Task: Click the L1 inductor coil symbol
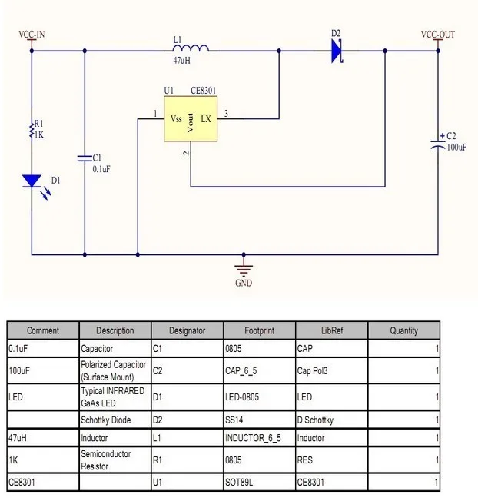click(x=191, y=48)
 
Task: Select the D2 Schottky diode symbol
click(x=337, y=51)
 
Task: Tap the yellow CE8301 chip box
click(x=191, y=119)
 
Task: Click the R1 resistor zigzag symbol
click(x=32, y=130)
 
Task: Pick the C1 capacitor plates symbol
click(x=85, y=158)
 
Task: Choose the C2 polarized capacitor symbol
click(x=438, y=144)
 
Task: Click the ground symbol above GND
click(x=244, y=270)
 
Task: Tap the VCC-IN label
click(x=32, y=34)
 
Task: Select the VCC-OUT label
click(x=438, y=34)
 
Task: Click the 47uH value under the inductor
click(x=181, y=60)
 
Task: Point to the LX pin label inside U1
click(x=206, y=119)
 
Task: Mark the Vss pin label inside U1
click(x=176, y=119)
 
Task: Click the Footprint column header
click(x=259, y=330)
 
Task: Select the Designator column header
click(x=187, y=330)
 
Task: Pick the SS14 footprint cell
click(x=234, y=420)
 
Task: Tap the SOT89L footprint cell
click(x=239, y=482)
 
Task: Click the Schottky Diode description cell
click(x=106, y=420)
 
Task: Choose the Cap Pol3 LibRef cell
click(x=312, y=370)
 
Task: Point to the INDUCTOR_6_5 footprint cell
click(x=253, y=438)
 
